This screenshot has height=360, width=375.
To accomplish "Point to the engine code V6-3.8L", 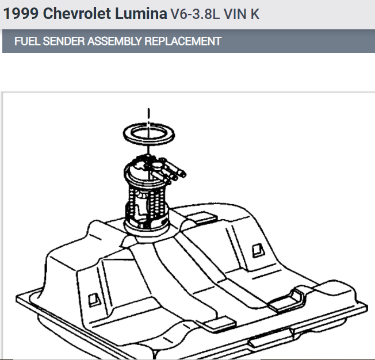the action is (x=195, y=14).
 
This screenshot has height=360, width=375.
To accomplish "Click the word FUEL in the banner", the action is (x=26, y=41).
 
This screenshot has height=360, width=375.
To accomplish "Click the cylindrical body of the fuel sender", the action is (x=147, y=201).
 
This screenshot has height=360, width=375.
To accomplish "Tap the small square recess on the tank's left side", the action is (x=92, y=298).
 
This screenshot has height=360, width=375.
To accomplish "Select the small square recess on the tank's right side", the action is (x=257, y=250).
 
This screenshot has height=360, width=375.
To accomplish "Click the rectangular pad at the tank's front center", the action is (x=218, y=320).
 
